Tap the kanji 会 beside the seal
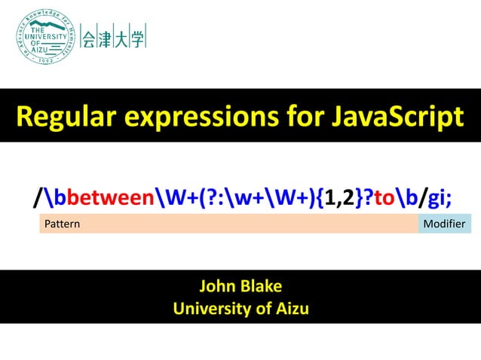[x=89, y=38]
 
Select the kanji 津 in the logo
[x=106, y=38]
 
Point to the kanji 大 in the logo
[x=121, y=38]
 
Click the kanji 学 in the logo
[x=137, y=38]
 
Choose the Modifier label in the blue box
[x=444, y=224]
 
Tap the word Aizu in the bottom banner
[x=291, y=309]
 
